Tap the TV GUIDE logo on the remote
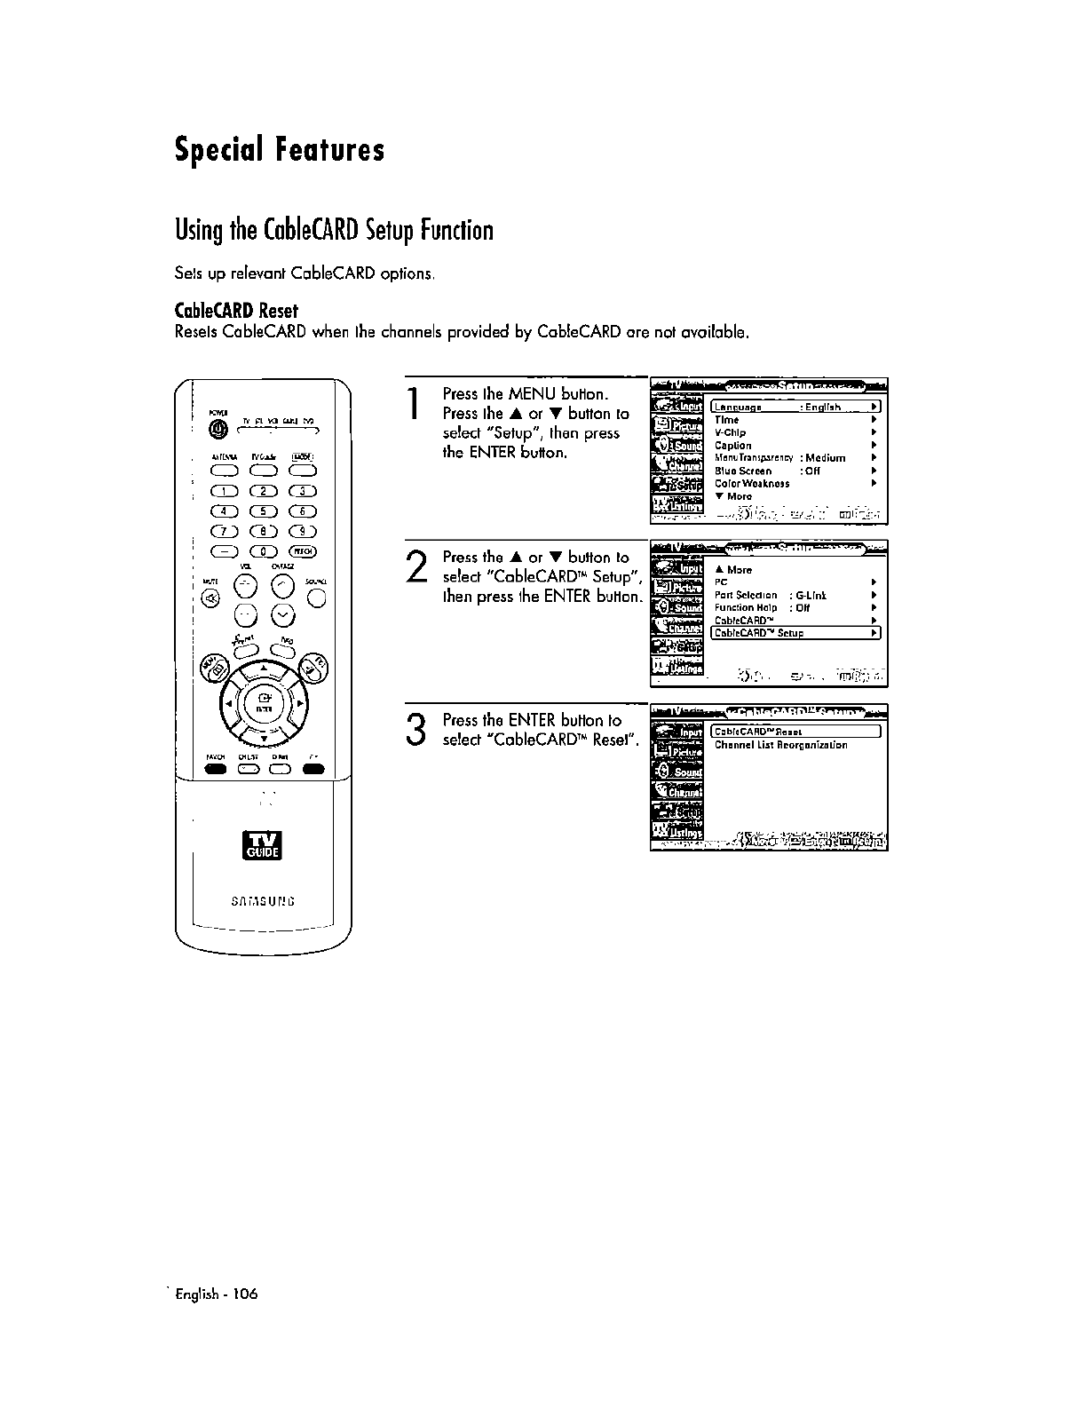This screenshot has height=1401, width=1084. click(x=263, y=844)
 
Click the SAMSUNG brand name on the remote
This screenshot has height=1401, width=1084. click(x=263, y=901)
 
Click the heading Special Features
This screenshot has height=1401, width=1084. click(x=280, y=149)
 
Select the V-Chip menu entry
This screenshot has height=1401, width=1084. click(x=730, y=433)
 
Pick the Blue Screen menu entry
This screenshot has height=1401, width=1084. click(x=744, y=471)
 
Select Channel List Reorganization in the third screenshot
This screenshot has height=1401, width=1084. click(x=780, y=745)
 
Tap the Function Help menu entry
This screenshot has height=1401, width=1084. click(x=746, y=608)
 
